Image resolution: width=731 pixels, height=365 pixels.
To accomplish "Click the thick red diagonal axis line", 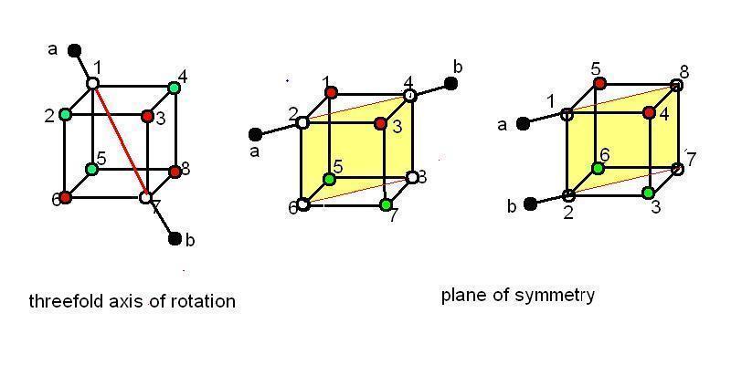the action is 120,141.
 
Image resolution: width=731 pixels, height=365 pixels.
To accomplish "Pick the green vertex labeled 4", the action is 174,87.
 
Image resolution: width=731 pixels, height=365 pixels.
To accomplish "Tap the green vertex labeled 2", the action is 65,114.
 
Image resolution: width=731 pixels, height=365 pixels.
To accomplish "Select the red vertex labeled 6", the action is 65,197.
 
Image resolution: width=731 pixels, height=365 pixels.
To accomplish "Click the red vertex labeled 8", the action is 175,172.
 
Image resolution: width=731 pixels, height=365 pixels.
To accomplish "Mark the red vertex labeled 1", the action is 331,92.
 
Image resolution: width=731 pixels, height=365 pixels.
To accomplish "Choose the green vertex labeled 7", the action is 385,204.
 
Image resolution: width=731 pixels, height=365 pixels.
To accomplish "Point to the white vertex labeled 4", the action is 409,96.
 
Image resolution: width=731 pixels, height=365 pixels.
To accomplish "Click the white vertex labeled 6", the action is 303,204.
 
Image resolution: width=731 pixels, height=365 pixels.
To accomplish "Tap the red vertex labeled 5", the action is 599,84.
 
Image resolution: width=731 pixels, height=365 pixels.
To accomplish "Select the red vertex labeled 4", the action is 648,112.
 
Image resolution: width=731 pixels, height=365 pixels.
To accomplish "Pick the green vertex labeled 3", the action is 648,193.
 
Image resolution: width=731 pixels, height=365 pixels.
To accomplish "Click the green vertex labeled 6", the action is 597,168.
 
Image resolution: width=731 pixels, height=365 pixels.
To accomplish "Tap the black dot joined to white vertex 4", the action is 450,83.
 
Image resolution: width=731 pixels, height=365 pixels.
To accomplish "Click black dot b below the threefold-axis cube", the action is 175,239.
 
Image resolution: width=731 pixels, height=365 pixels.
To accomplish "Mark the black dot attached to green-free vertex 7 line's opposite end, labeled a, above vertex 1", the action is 74,50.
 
